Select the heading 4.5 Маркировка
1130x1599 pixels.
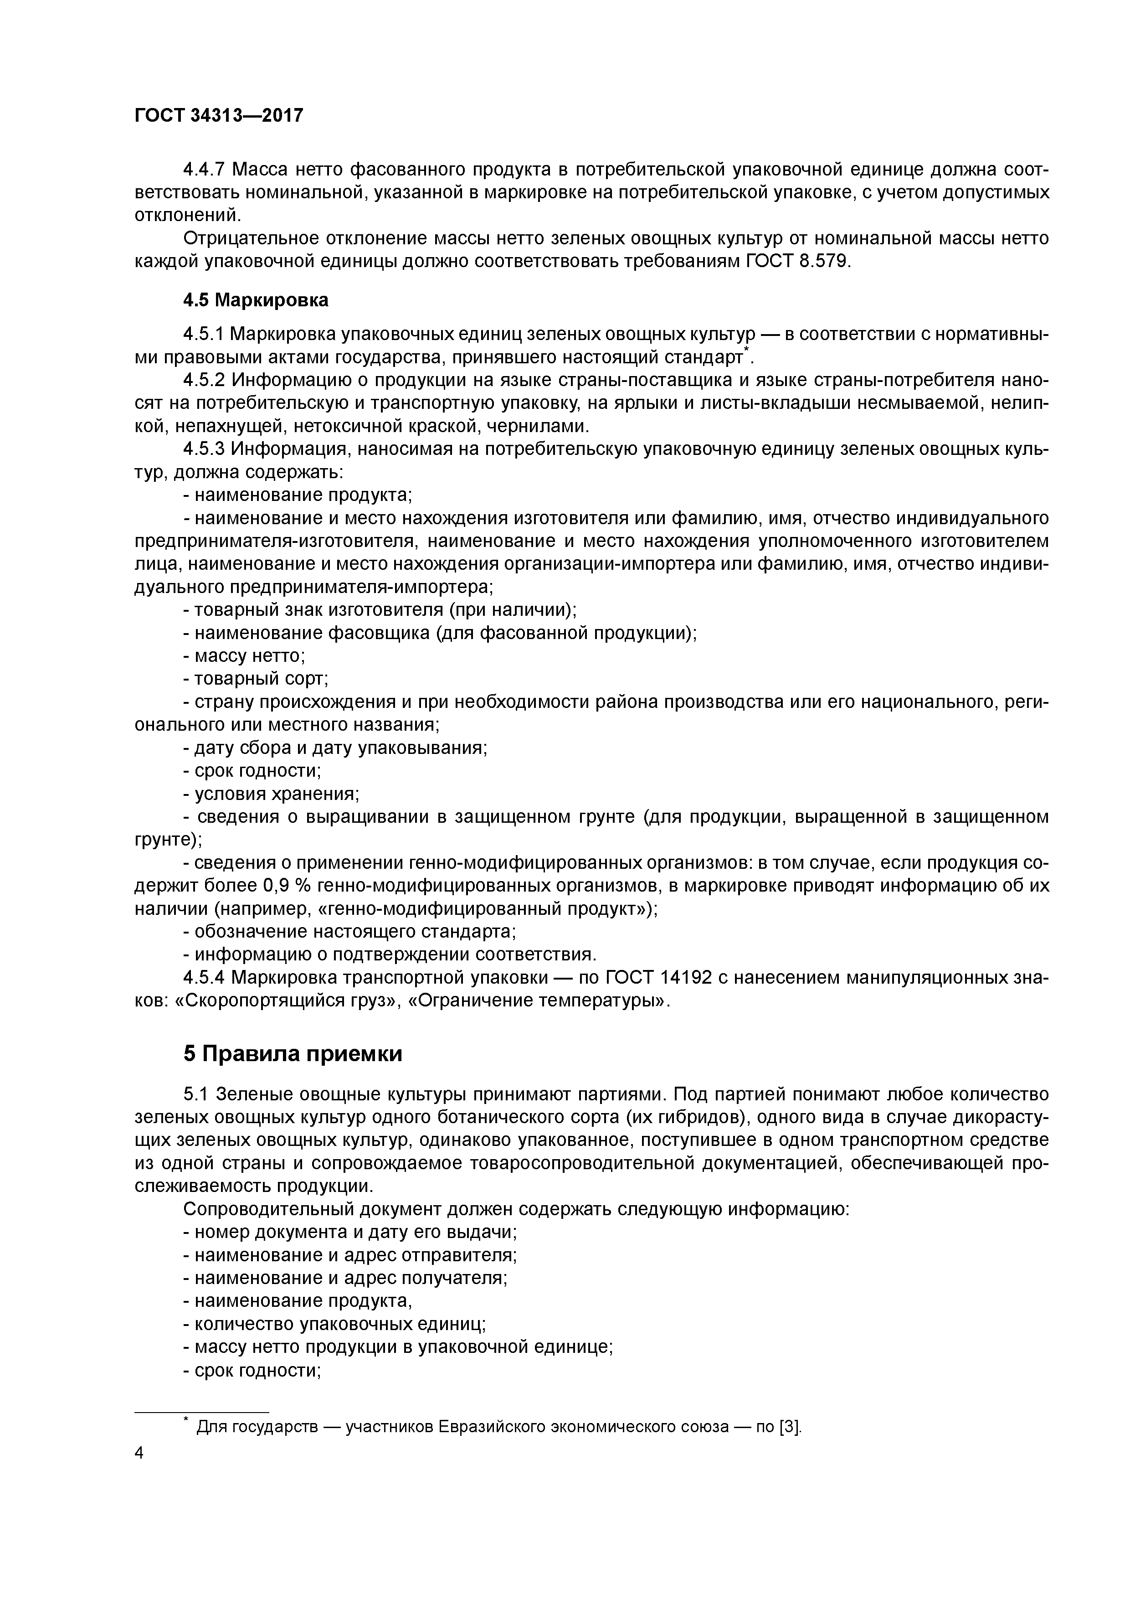tap(256, 300)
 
